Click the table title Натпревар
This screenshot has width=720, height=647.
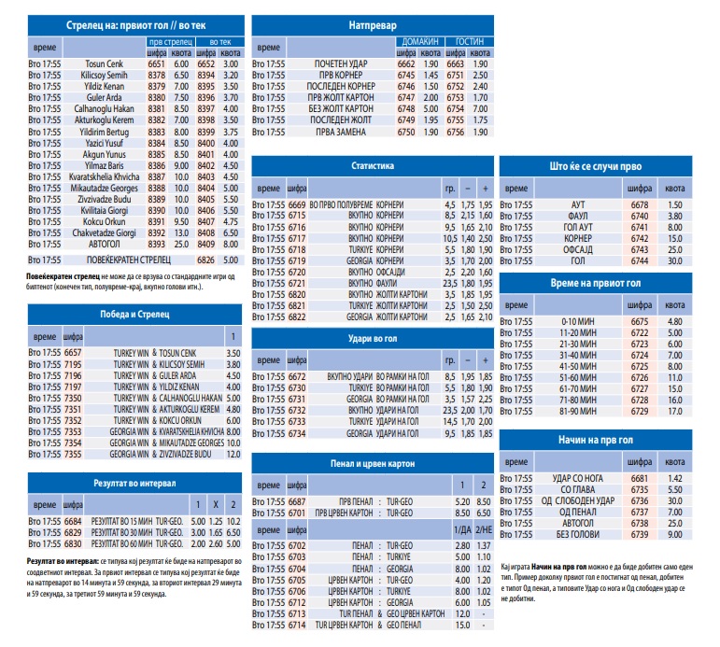pos(373,25)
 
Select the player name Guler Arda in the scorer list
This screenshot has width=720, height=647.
pos(105,97)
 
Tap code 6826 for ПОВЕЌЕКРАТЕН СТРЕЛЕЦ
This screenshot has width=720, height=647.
pos(205,260)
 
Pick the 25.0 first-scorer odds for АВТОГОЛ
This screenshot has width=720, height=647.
pos(181,244)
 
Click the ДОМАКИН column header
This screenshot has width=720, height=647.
pos(419,42)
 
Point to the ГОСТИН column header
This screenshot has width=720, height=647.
pos(470,42)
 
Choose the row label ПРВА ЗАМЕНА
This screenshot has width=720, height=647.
pos(341,132)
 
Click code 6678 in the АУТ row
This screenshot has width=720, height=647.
pos(639,204)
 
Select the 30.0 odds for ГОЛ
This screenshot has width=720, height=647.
pos(675,260)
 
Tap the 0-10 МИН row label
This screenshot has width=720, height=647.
pos(578,321)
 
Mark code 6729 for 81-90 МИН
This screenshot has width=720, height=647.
pos(639,411)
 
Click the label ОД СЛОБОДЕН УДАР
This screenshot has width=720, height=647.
pos(578,500)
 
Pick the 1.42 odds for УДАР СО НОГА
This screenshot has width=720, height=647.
pos(675,478)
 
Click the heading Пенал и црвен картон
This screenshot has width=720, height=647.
pos(373,464)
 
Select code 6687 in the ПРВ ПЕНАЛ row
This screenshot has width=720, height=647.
pos(297,501)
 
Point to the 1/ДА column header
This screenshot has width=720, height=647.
pos(462,530)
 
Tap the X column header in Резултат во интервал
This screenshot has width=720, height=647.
pos(216,505)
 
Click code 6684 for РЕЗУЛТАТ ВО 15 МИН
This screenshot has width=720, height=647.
pos(73,521)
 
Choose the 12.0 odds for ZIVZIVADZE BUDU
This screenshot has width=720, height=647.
pos(233,454)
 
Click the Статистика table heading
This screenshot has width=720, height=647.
pos(373,166)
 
